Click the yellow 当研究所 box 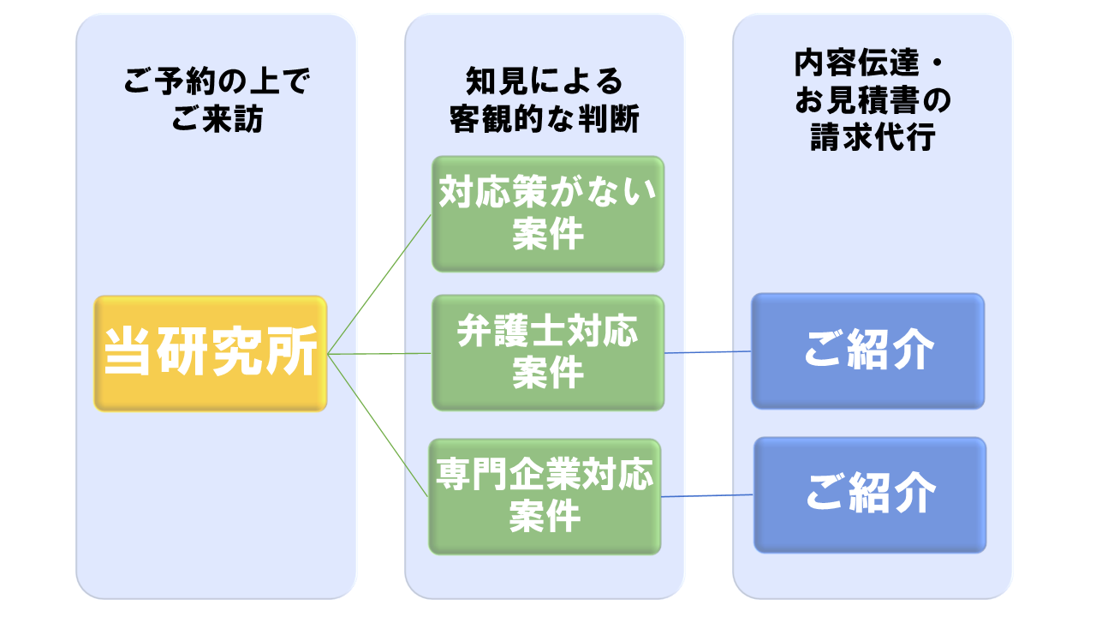[211, 354]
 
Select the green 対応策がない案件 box [548, 214]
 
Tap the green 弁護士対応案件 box [548, 352]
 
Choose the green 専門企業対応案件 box [545, 496]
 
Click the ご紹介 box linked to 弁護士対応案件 [868, 350]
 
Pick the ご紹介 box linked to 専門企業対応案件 [870, 495]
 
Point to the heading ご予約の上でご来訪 [217, 100]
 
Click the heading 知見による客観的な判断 [545, 100]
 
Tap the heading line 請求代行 [873, 136]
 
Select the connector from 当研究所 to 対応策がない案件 [379, 284]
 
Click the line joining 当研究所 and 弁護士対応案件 [379, 354]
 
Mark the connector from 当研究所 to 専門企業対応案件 [378, 425]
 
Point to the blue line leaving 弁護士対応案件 [707, 352]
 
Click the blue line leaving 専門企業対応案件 [707, 496]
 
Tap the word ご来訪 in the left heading [217, 118]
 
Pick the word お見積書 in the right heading [858, 100]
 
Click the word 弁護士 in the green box [503, 332]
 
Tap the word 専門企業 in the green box [509, 475]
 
